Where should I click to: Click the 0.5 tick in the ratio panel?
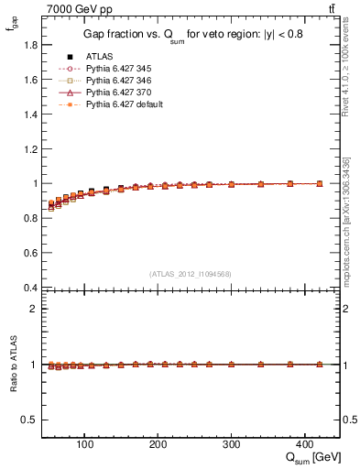[x=30, y=420]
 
